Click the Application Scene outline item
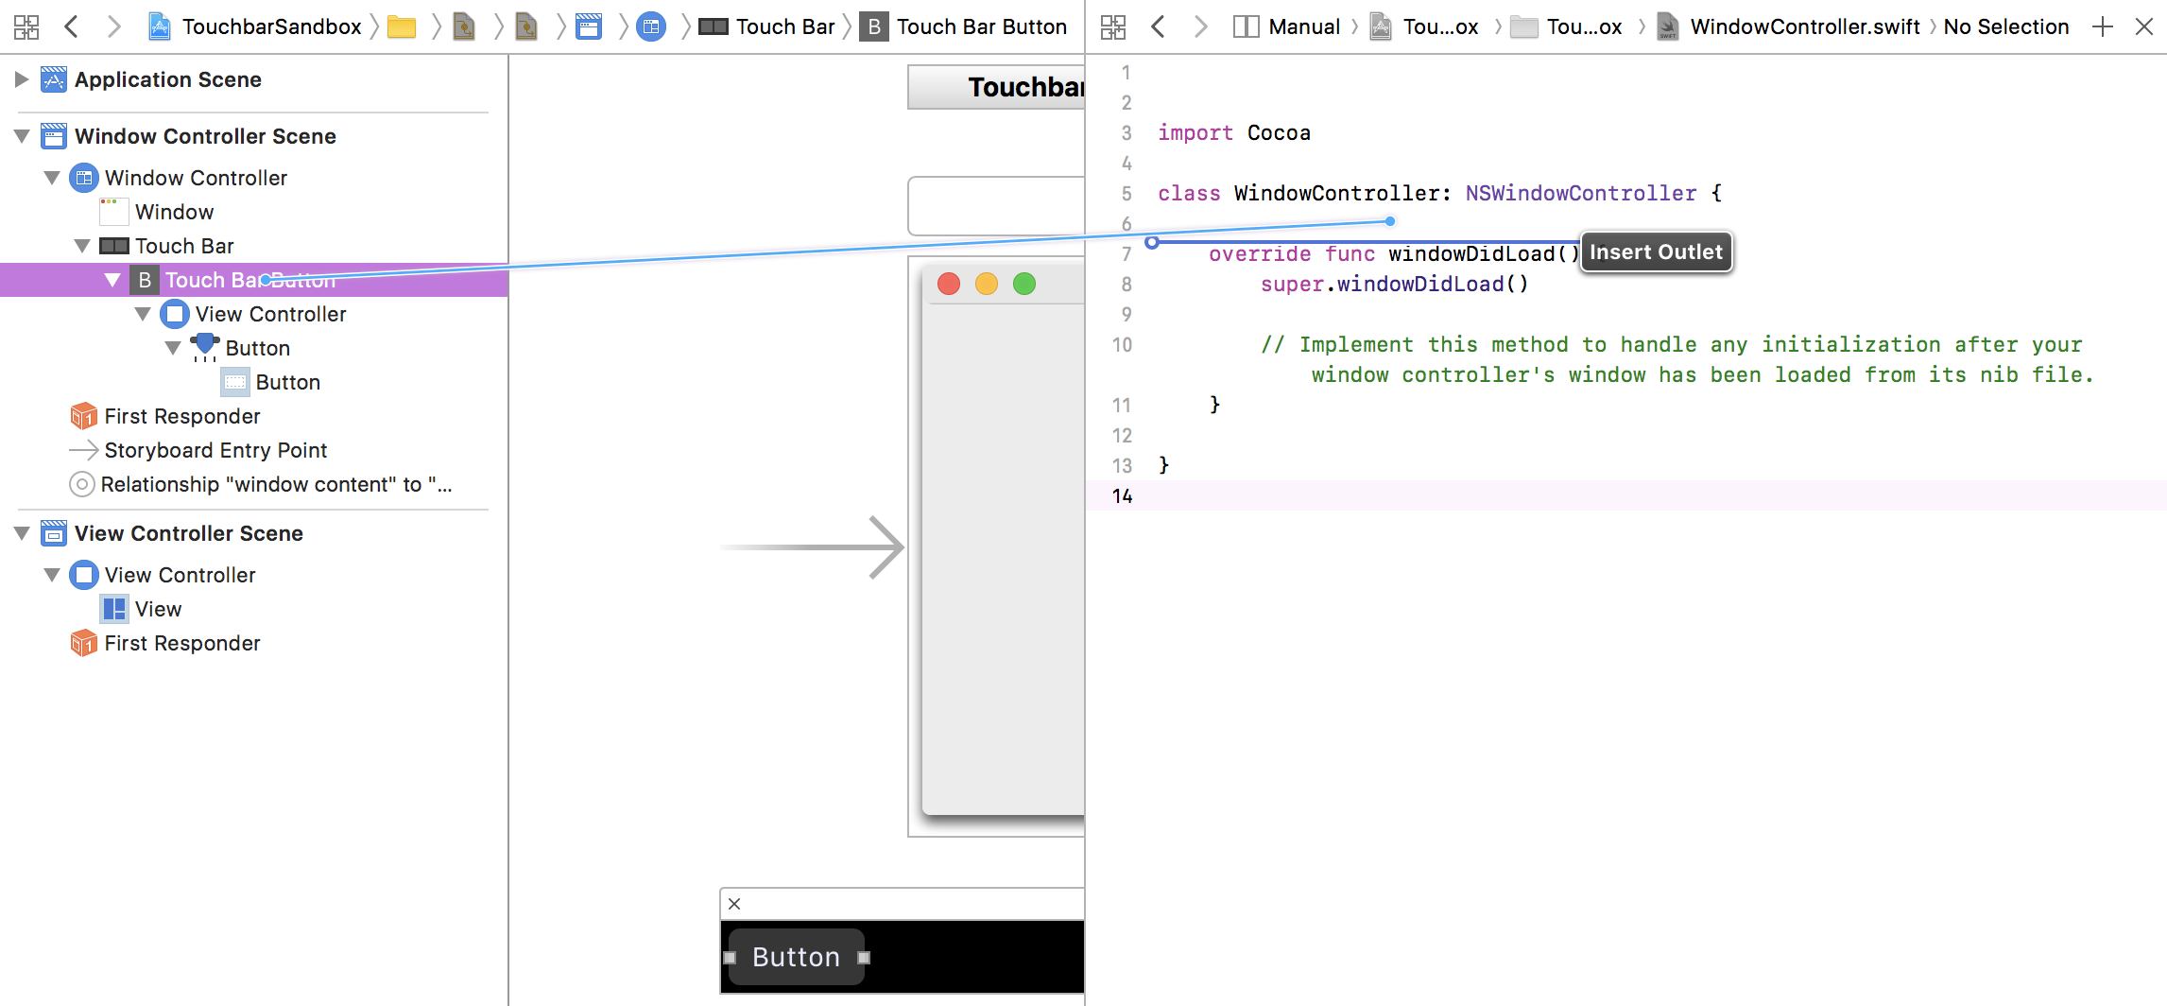pos(167,79)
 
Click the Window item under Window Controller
pos(174,212)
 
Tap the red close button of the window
pos(949,284)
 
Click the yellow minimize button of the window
pos(987,284)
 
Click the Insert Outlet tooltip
pos(1656,252)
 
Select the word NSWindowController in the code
pos(1581,193)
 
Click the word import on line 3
pos(1195,132)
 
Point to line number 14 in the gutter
pos(1122,495)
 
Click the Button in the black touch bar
pos(796,957)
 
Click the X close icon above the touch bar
pos(734,904)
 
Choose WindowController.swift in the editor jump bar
pos(1805,26)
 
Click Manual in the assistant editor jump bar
pos(1304,26)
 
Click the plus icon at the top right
pos(2103,26)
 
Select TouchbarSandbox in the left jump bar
pos(271,26)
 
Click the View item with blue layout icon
pos(158,609)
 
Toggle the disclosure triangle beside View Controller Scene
pos(22,533)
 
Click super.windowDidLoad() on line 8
pos(1394,284)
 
